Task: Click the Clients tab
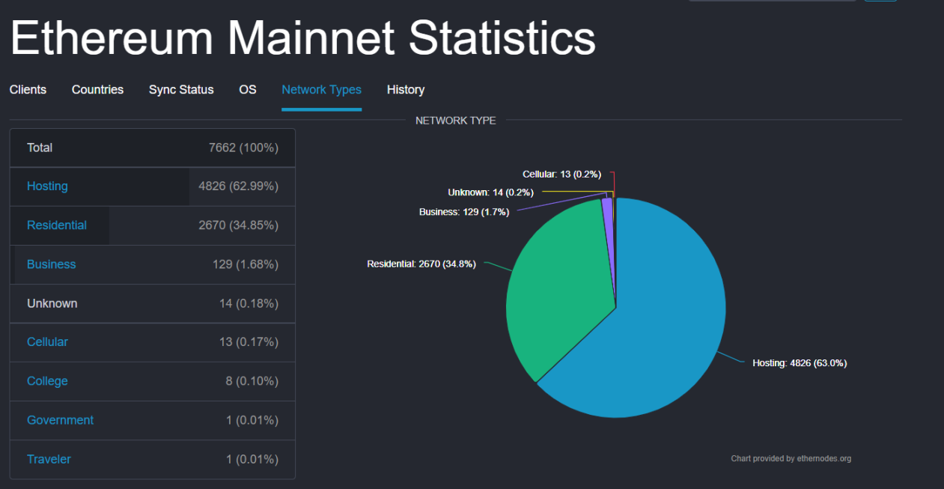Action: [28, 90]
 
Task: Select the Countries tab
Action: [97, 90]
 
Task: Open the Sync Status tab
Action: [181, 90]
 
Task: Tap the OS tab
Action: [248, 90]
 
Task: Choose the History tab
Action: [406, 90]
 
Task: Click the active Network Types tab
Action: [321, 90]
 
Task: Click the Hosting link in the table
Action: [47, 186]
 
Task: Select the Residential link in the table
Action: [57, 225]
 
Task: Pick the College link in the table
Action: [47, 381]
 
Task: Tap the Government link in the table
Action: [60, 420]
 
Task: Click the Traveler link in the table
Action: [49, 459]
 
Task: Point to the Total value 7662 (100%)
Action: [243, 148]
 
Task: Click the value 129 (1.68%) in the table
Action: [246, 264]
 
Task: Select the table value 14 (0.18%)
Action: [249, 303]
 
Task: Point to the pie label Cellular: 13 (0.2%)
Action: [561, 174]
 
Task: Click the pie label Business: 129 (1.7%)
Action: [464, 212]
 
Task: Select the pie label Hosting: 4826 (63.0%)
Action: [800, 363]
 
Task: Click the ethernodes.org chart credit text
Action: [791, 458]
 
